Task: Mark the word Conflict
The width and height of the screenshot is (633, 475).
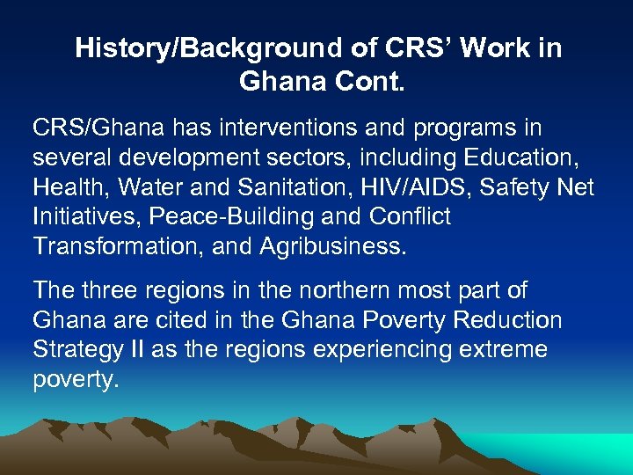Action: coord(417,216)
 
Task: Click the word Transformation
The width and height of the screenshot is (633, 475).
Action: coord(120,245)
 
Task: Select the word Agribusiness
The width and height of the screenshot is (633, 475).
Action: coord(333,246)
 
